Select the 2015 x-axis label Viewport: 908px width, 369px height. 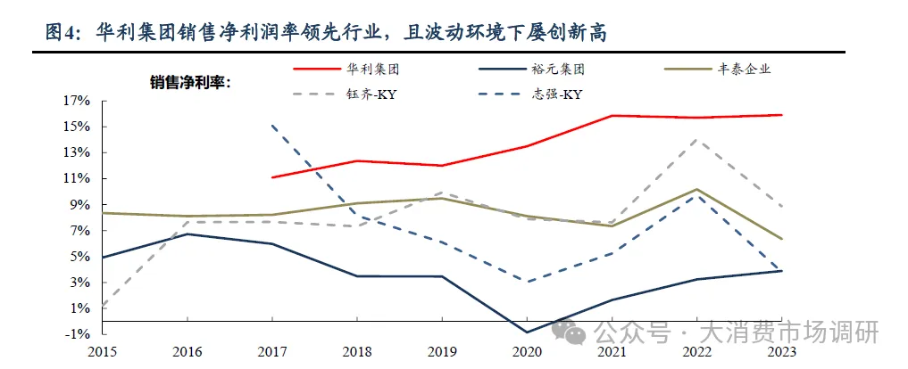[x=104, y=352]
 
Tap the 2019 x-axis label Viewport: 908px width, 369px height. [x=444, y=352]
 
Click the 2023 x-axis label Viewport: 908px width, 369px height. [x=783, y=352]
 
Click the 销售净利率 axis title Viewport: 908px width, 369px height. [x=190, y=83]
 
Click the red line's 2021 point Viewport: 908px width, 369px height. [x=613, y=116]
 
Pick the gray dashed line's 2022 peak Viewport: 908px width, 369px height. [x=698, y=139]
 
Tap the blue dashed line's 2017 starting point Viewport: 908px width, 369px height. [x=273, y=126]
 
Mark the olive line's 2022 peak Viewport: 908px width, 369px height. [x=698, y=189]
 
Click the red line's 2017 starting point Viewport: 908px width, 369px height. [x=273, y=177]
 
